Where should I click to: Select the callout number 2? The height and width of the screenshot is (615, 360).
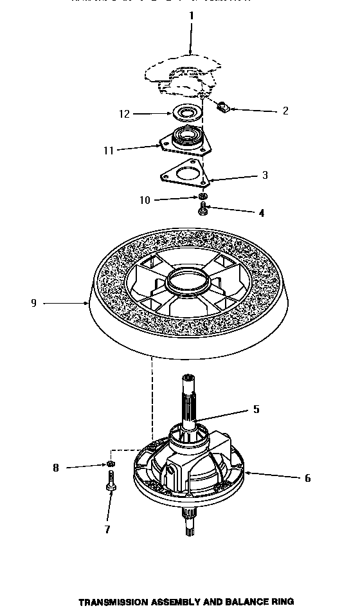point(285,111)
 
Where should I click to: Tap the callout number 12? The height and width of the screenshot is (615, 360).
point(124,114)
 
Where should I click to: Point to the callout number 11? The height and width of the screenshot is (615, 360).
point(109,151)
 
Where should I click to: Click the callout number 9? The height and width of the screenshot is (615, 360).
point(33,303)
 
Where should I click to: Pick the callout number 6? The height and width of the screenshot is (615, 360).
point(307,478)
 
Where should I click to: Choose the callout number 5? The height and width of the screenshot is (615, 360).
point(256,408)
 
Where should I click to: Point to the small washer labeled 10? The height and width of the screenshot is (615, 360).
point(203,196)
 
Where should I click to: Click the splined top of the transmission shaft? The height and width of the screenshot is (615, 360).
point(190,386)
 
